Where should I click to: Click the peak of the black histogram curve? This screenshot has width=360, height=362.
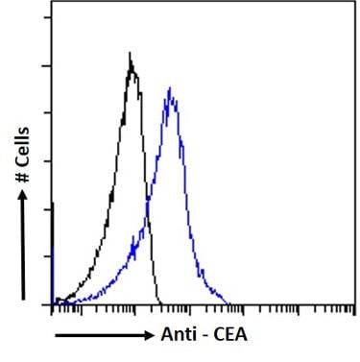coord(131,55)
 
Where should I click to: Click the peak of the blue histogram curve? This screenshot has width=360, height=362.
coord(169,89)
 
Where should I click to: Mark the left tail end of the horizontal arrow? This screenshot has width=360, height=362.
coord(55,335)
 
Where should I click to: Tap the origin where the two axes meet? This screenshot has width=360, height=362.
coord(51,303)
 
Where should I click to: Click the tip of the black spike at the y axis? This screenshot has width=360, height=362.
coord(52,203)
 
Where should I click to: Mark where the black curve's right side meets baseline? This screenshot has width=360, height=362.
coord(156,302)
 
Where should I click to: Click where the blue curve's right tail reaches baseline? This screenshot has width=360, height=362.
coord(230,302)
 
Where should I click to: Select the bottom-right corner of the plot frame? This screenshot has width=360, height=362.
coord(354,303)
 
